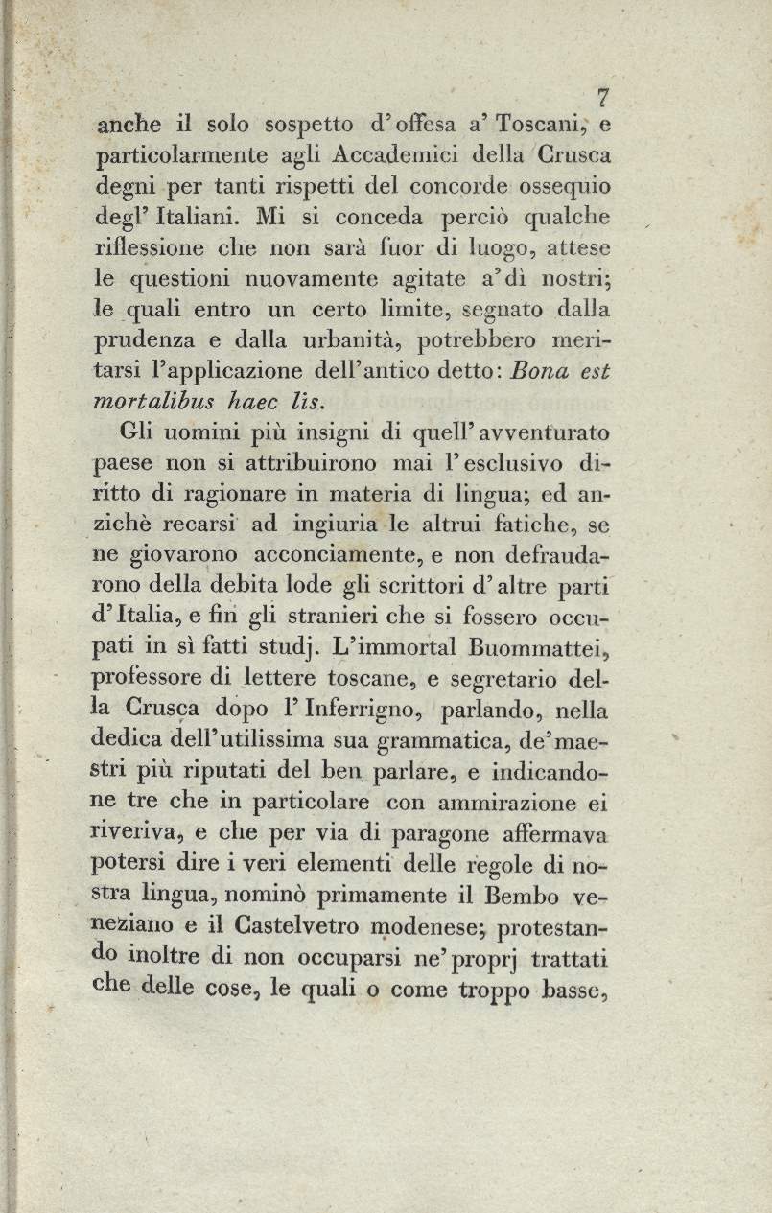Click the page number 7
pyautogui.click(x=603, y=97)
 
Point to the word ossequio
pyautogui.click(x=565, y=186)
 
